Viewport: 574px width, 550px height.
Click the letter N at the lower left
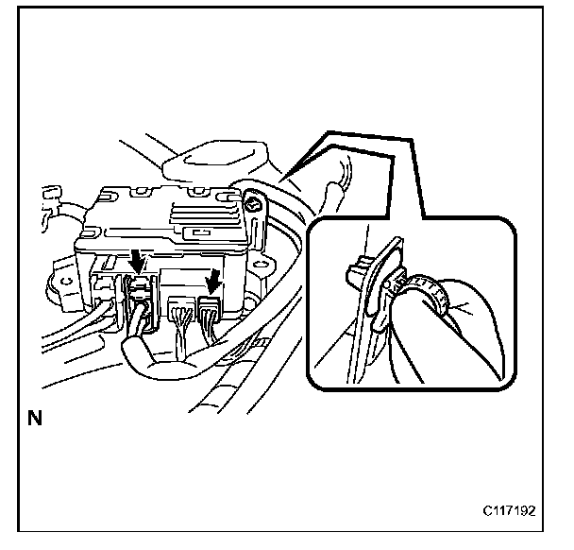(x=36, y=417)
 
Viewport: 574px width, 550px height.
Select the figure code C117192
(x=511, y=511)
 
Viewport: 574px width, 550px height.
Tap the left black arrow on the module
(x=139, y=257)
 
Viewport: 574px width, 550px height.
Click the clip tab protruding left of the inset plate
(x=355, y=274)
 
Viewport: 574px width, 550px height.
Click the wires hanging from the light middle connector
(x=183, y=331)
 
